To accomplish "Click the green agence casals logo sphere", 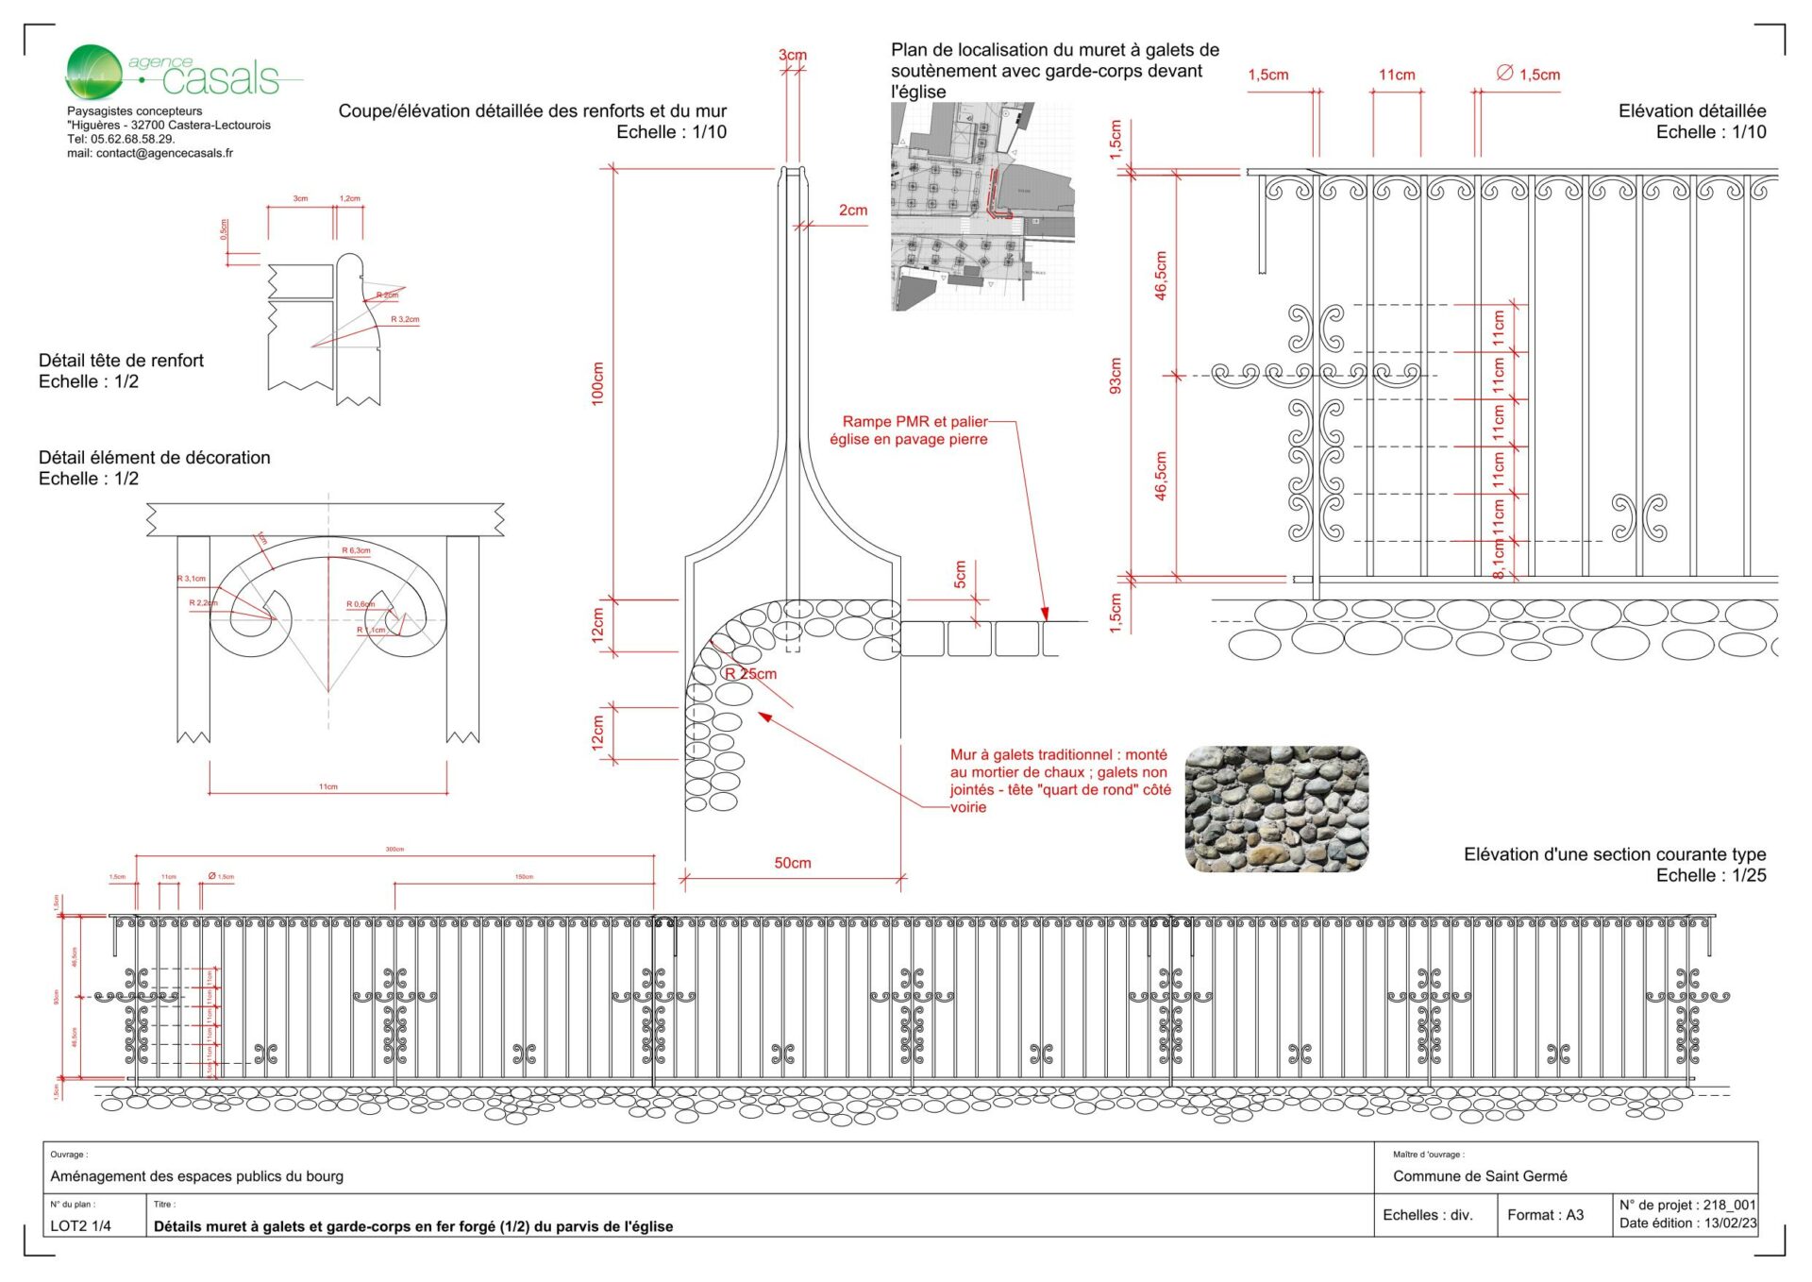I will point(93,71).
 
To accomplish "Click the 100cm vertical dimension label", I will point(597,383).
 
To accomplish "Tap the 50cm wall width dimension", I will point(792,863).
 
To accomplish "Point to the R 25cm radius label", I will point(751,674).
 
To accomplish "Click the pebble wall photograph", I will point(1276,809).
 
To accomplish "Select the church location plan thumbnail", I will point(981,207).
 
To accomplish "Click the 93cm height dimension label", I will point(1116,376).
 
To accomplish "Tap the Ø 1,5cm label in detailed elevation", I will point(1529,75).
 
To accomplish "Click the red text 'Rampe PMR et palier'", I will point(914,422).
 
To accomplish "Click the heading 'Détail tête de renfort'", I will point(121,361).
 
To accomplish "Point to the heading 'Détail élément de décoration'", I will point(154,458).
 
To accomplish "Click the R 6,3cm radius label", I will point(356,550).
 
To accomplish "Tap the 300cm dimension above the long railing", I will point(394,850).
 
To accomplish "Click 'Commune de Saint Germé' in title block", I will point(1479,1176).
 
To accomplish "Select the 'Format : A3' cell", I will point(1545,1215).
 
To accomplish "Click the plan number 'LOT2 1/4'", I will point(81,1226).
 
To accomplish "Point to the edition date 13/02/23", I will point(1730,1223).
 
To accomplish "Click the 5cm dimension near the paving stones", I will point(960,574).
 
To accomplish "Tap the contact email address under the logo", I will point(150,153).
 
